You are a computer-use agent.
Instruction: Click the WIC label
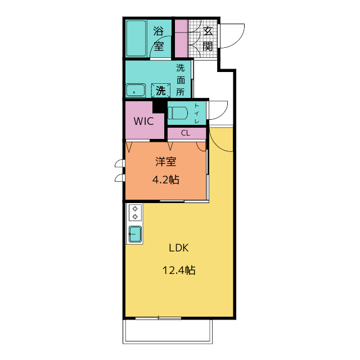point(144,121)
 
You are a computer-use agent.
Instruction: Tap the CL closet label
point(186,133)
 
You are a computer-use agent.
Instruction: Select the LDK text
point(179,248)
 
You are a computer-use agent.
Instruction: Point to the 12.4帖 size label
point(179,270)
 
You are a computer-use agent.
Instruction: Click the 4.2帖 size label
point(166,179)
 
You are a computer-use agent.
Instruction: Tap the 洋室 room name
point(166,161)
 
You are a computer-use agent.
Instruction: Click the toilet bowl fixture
point(178,113)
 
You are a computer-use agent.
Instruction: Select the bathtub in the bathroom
point(136,38)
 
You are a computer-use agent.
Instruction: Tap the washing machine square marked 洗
point(161,90)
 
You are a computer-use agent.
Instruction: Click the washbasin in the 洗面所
point(136,90)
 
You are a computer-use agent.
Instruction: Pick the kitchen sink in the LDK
point(135,234)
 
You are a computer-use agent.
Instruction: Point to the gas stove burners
point(135,213)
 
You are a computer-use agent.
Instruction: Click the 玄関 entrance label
point(208,39)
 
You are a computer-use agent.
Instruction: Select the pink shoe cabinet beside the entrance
point(181,38)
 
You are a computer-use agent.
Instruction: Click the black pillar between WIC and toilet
point(159,107)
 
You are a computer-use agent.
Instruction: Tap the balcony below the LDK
point(168,331)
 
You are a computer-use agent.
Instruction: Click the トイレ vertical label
point(197,114)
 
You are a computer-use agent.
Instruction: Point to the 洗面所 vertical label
point(181,80)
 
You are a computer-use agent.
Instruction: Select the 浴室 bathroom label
point(159,39)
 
